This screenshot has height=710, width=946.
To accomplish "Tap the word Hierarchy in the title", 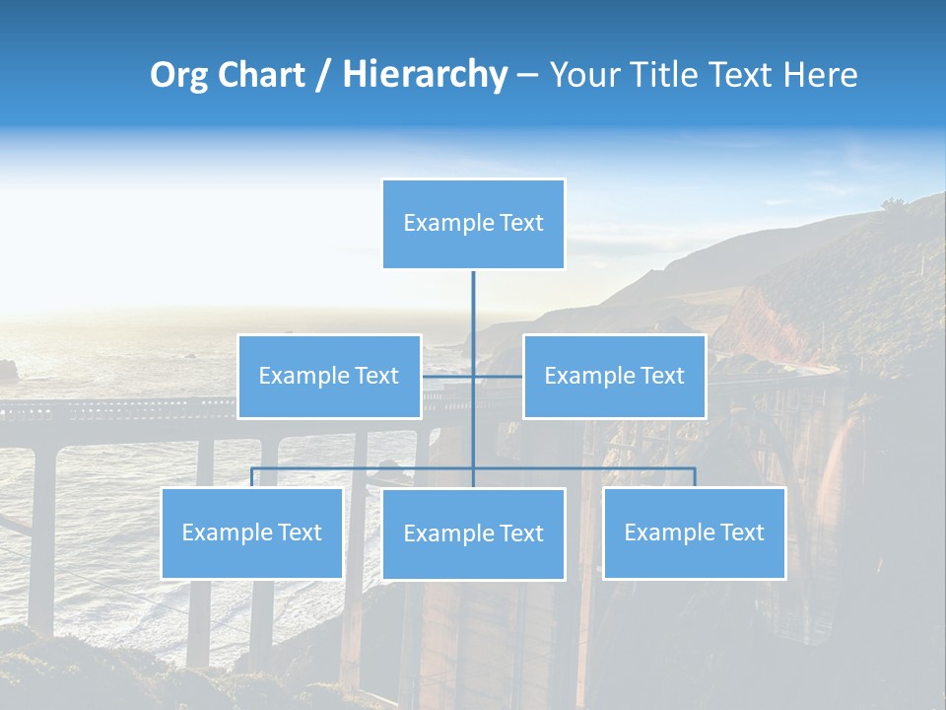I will tap(425, 75).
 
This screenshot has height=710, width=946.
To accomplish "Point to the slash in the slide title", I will tap(323, 75).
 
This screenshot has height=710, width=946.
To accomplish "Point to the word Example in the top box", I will tap(449, 223).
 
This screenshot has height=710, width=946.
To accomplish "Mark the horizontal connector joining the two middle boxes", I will tap(448, 376).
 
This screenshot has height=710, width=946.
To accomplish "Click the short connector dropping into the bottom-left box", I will tap(252, 477).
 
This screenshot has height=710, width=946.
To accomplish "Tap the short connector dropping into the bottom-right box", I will tap(695, 477).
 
